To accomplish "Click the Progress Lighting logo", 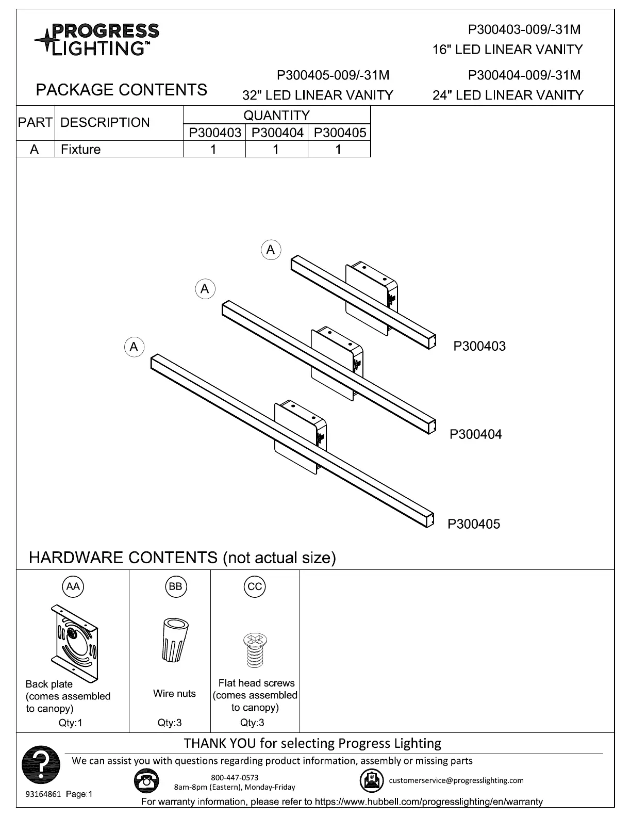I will click(96, 39).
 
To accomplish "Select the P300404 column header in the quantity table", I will click(277, 133).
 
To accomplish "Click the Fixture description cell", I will click(81, 150).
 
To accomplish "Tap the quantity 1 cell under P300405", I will click(338, 150).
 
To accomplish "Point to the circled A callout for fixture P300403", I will click(271, 250).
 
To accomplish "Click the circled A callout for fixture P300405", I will click(134, 347).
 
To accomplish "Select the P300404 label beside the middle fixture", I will click(475, 434).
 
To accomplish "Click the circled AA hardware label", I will click(73, 586).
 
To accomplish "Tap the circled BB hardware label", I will click(175, 586).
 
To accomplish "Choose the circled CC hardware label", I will click(255, 586).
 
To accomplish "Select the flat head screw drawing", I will click(255, 650).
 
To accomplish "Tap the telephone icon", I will click(146, 781).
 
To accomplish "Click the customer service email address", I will click(456, 780).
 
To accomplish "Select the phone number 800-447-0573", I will click(235, 777).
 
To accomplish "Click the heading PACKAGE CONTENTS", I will click(121, 90).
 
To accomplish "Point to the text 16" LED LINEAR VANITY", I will click(507, 50).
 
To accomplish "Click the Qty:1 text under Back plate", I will click(71, 723).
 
